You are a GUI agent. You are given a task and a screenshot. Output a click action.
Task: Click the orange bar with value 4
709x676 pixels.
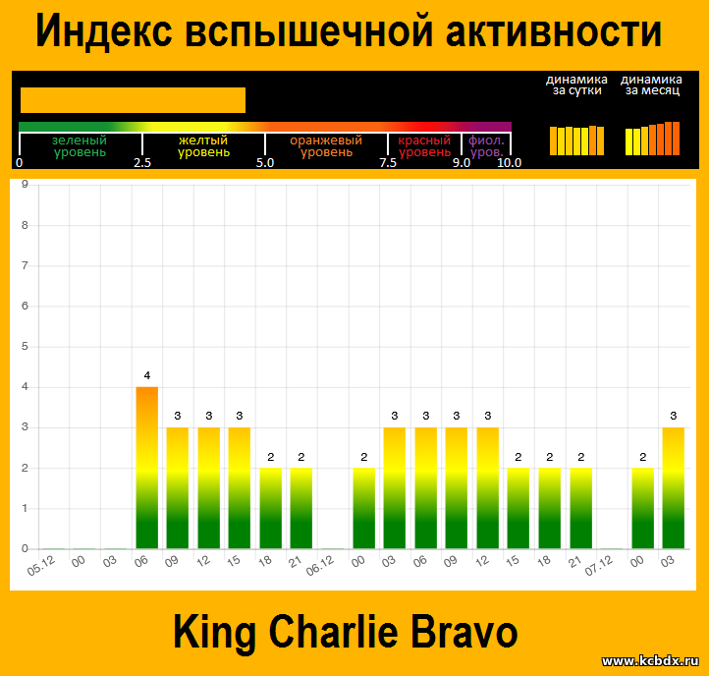pyautogui.click(x=147, y=468)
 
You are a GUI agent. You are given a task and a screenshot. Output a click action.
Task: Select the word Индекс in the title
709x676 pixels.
pyautogui.click(x=104, y=30)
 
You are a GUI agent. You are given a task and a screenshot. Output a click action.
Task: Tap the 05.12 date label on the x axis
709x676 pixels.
pyautogui.click(x=41, y=566)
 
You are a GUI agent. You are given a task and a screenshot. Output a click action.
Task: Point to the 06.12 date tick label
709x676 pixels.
pyautogui.click(x=320, y=566)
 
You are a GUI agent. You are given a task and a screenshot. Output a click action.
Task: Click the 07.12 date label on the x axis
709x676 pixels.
pyautogui.click(x=600, y=566)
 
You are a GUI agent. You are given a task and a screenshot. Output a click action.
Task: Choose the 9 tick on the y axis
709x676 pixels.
pyautogui.click(x=25, y=184)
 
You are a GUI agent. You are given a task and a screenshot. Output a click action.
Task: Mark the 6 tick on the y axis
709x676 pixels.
pyautogui.click(x=25, y=306)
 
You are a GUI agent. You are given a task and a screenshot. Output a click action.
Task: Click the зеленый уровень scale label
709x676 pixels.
pyautogui.click(x=81, y=146)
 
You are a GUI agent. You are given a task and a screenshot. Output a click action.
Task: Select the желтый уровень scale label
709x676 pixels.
pyautogui.click(x=203, y=146)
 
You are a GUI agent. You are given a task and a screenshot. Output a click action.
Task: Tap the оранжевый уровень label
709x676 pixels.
pyautogui.click(x=326, y=146)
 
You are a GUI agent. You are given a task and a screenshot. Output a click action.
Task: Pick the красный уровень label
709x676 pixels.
pyautogui.click(x=424, y=146)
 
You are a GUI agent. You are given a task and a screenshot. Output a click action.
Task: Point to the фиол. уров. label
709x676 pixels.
pyautogui.click(x=486, y=146)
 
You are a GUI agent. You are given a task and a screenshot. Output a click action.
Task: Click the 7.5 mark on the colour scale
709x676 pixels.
pyautogui.click(x=388, y=163)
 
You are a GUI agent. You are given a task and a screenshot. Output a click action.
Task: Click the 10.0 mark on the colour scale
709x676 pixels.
pyautogui.click(x=509, y=163)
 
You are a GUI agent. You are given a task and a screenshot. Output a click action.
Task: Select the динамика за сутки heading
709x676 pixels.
pyautogui.click(x=576, y=85)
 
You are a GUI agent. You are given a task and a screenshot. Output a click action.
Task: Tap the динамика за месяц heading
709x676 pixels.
pyautogui.click(x=652, y=85)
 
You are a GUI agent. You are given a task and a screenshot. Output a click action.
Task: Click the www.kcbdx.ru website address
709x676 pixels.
pyautogui.click(x=650, y=661)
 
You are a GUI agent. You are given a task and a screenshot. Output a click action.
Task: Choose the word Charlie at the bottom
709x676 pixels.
pyautogui.click(x=334, y=632)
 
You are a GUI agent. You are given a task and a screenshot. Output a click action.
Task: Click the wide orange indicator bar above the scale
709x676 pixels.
pyautogui.click(x=133, y=100)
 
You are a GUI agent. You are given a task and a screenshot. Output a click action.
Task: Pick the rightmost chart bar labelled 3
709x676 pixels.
pyautogui.click(x=674, y=487)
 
